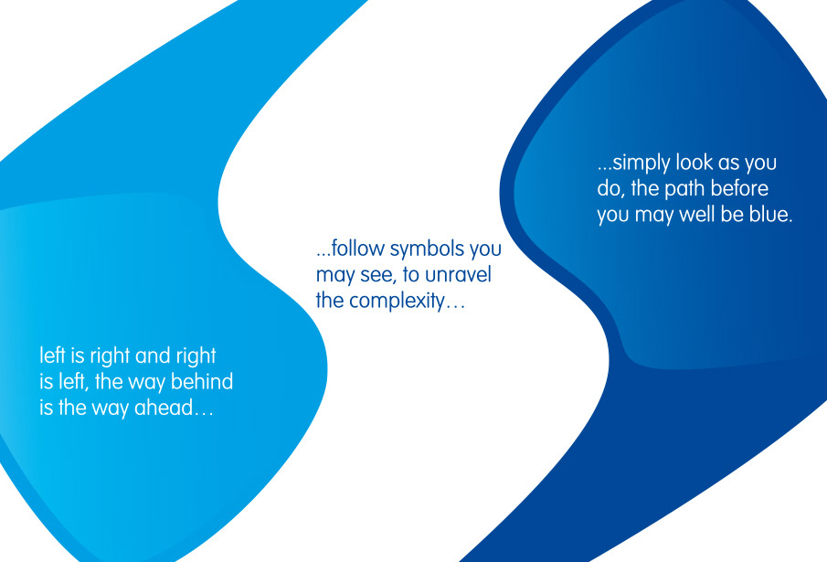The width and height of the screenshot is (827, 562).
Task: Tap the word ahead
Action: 174,408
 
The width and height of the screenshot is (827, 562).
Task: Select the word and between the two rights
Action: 153,355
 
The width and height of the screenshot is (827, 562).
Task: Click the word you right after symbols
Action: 485,249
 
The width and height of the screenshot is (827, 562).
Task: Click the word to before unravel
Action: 410,275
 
